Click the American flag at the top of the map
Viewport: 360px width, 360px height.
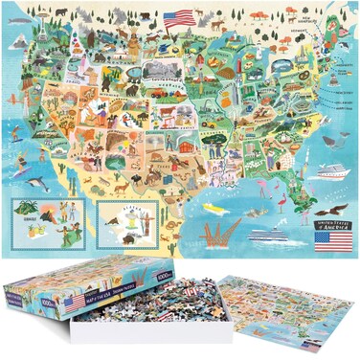[x=179, y=18]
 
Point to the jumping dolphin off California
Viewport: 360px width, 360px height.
[x=37, y=182]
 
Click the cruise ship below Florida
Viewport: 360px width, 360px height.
[x=270, y=234]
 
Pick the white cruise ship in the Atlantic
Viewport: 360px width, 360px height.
[x=329, y=170]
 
